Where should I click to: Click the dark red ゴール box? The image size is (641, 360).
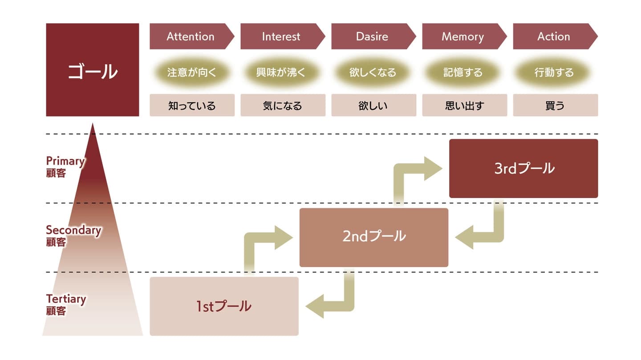(x=92, y=70)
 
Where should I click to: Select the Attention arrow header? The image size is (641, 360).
(x=191, y=36)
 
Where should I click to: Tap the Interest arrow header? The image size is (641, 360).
(x=281, y=36)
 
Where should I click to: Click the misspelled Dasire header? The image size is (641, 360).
(x=372, y=36)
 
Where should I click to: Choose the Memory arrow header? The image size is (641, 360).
(x=463, y=36)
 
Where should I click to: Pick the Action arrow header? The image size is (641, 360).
(x=554, y=36)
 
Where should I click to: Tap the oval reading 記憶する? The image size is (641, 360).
(x=463, y=72)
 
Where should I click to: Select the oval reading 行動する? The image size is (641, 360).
(x=554, y=72)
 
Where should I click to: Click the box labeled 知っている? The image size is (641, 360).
(x=192, y=105)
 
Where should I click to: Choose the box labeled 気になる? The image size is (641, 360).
(x=283, y=105)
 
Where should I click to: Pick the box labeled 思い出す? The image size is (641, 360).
(x=464, y=105)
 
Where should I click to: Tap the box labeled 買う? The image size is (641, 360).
(x=555, y=105)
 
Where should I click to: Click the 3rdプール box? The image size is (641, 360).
(x=523, y=168)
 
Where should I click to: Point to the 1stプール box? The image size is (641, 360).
(x=224, y=306)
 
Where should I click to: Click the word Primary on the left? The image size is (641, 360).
(x=65, y=161)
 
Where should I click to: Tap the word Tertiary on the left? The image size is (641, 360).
(x=65, y=299)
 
